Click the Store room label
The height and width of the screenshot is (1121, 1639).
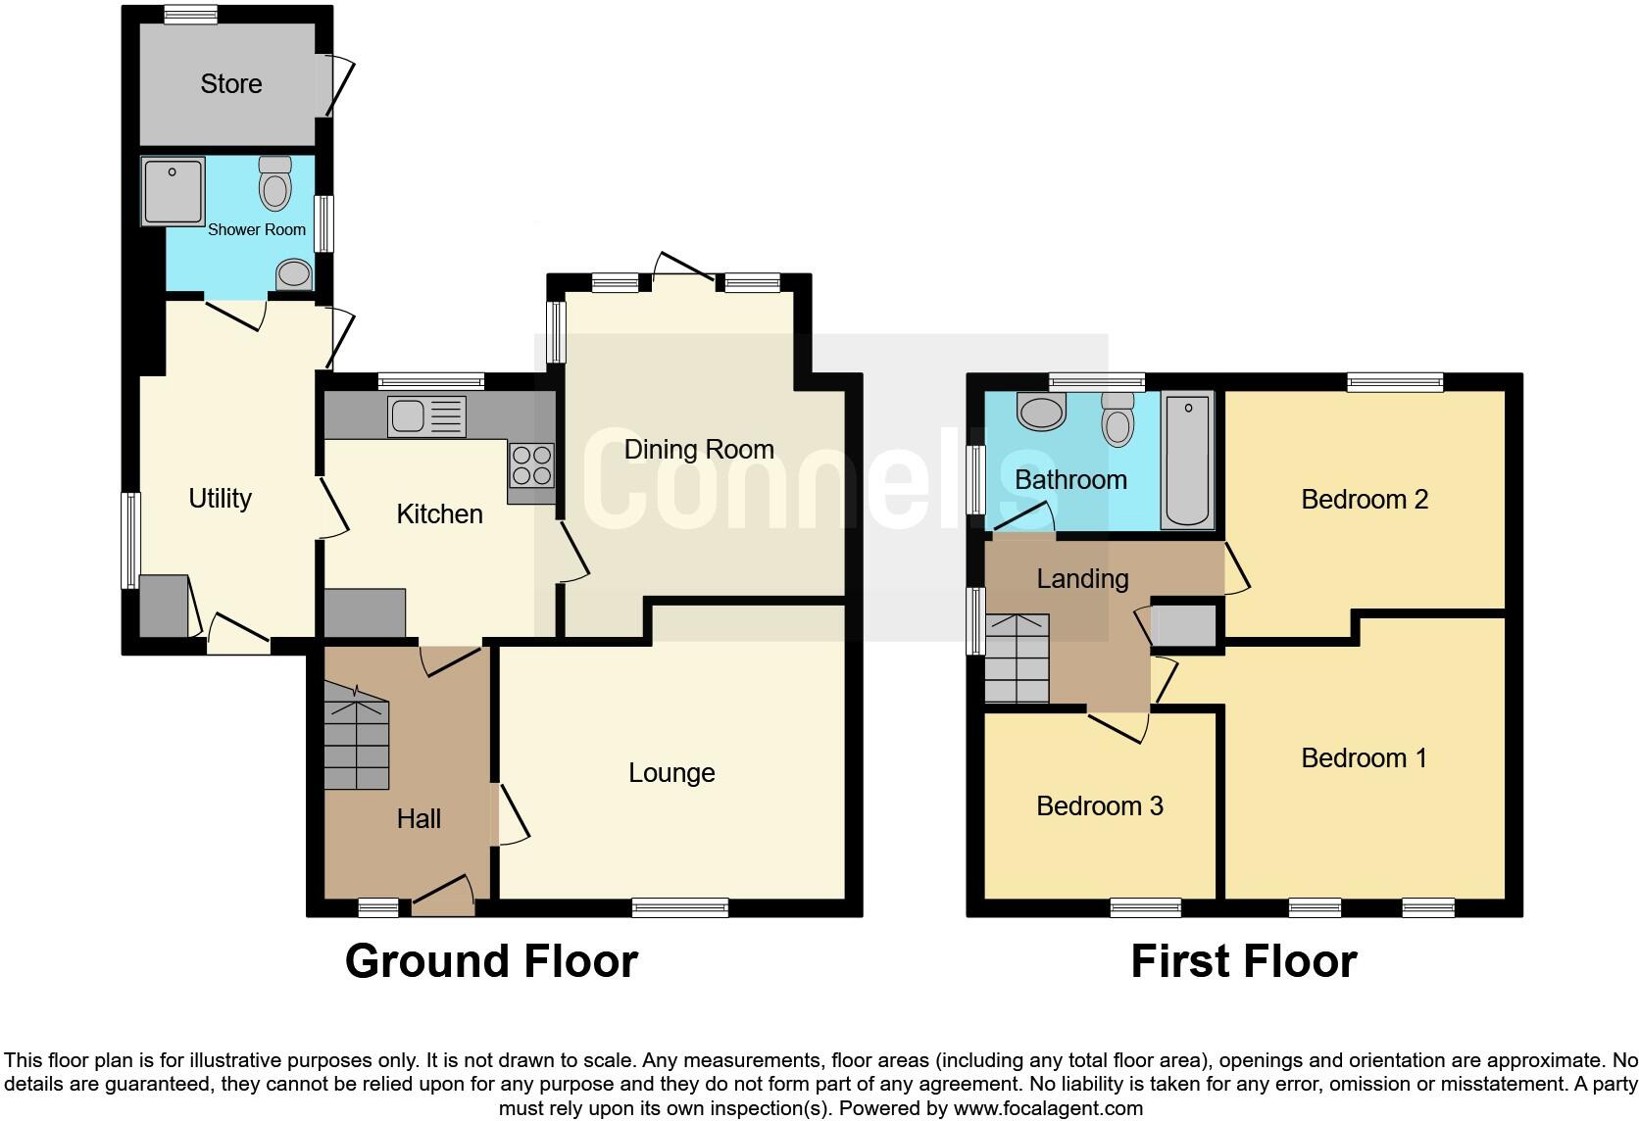(231, 84)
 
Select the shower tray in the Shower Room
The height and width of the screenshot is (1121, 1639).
(173, 190)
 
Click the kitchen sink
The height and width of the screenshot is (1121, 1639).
(427, 416)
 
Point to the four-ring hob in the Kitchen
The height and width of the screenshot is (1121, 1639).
(531, 464)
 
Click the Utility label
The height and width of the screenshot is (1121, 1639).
(220, 499)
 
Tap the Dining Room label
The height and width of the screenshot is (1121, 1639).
(699, 450)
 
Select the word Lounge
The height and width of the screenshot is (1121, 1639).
(671, 773)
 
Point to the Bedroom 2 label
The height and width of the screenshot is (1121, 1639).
(1364, 500)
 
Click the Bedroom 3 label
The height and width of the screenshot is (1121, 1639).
(1099, 806)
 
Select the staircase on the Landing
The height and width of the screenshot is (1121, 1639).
(1017, 658)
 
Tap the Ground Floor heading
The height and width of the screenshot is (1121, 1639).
(491, 961)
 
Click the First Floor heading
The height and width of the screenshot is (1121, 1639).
(1243, 961)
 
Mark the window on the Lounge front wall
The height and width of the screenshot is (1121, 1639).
(680, 907)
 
